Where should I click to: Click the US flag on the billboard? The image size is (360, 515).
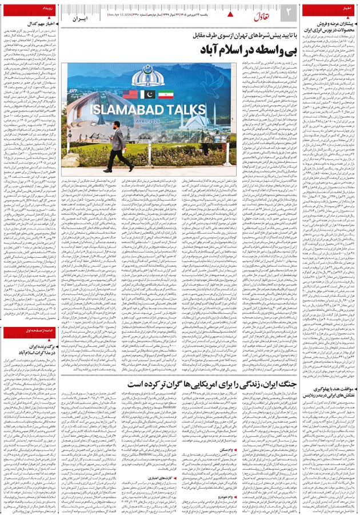(x=130, y=95)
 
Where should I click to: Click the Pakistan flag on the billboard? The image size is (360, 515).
(x=148, y=95)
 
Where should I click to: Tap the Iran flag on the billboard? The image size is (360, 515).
(x=166, y=95)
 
